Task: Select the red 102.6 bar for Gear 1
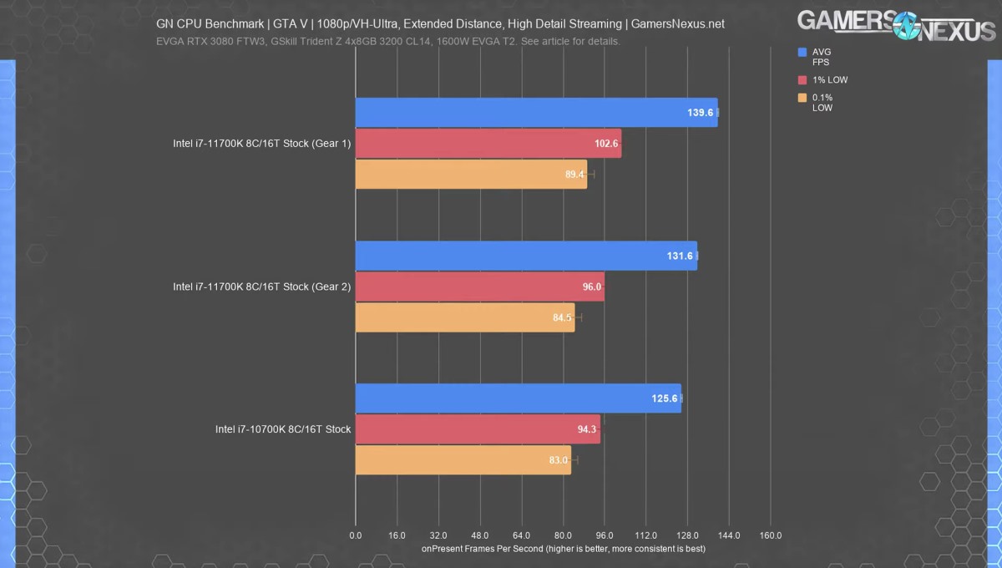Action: pyautogui.click(x=488, y=144)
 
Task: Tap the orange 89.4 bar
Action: pyautogui.click(x=471, y=174)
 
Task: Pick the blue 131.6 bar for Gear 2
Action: pyautogui.click(x=526, y=256)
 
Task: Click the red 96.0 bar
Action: pyautogui.click(x=479, y=287)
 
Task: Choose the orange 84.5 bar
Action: pyautogui.click(x=465, y=317)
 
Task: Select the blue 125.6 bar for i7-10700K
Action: pyautogui.click(x=518, y=398)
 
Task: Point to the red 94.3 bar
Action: pyautogui.click(x=478, y=429)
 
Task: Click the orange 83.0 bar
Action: pyautogui.click(x=463, y=460)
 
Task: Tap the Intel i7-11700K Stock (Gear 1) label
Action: pyautogui.click(x=261, y=144)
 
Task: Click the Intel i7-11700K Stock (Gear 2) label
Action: pyautogui.click(x=261, y=287)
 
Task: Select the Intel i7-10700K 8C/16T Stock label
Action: pyautogui.click(x=283, y=429)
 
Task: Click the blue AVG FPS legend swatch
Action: pyautogui.click(x=802, y=52)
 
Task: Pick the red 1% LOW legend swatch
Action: pyautogui.click(x=802, y=80)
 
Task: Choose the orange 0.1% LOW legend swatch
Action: pyautogui.click(x=802, y=99)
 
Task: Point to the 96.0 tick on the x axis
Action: pyautogui.click(x=605, y=535)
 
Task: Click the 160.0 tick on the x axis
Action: pyautogui.click(x=770, y=535)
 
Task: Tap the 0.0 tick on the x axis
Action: pyautogui.click(x=356, y=535)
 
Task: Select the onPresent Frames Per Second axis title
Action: pyautogui.click(x=564, y=549)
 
